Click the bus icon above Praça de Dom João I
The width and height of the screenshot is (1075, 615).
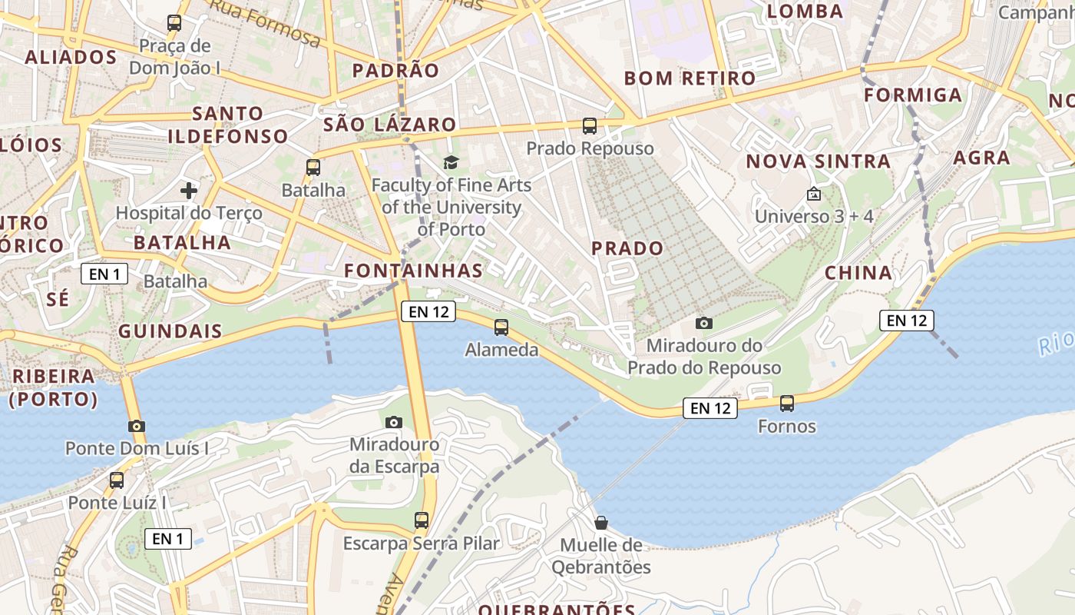(x=174, y=23)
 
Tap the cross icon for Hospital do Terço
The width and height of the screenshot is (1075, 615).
(x=189, y=190)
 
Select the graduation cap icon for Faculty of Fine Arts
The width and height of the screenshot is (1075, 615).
(x=451, y=162)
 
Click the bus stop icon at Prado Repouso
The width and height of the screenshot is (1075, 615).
(x=590, y=125)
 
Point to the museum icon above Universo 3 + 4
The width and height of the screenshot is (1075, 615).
(x=814, y=194)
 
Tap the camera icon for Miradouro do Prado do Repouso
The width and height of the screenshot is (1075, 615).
(x=704, y=323)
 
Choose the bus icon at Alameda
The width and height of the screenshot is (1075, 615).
(x=501, y=327)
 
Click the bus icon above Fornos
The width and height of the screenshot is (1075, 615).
(x=787, y=403)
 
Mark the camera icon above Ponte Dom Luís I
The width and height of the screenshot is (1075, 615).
(x=137, y=426)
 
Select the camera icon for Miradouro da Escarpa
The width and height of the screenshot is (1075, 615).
(x=394, y=422)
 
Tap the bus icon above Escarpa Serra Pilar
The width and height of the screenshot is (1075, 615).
(x=421, y=520)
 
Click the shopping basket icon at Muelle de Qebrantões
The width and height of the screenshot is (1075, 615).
(x=601, y=523)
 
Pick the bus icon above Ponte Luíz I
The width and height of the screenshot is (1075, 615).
(x=117, y=480)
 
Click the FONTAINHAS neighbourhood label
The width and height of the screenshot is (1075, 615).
(x=414, y=271)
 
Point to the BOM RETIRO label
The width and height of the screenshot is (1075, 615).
(x=690, y=78)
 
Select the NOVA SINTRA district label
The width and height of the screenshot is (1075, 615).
(x=819, y=161)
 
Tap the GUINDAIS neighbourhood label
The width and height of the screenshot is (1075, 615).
(x=170, y=332)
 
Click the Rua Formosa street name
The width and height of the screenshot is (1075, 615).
(x=265, y=22)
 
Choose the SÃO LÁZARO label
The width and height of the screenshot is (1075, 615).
(x=390, y=125)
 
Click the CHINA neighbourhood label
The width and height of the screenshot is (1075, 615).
(x=858, y=273)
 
